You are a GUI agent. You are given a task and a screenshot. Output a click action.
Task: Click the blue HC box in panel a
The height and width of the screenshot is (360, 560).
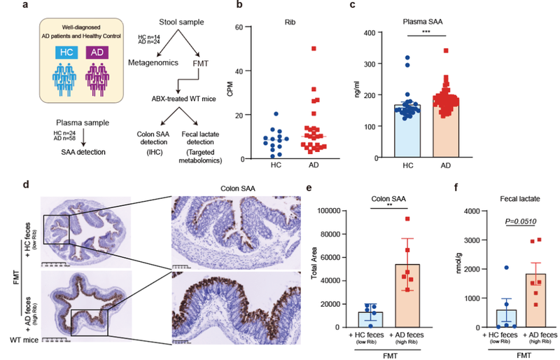coord(65,53)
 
